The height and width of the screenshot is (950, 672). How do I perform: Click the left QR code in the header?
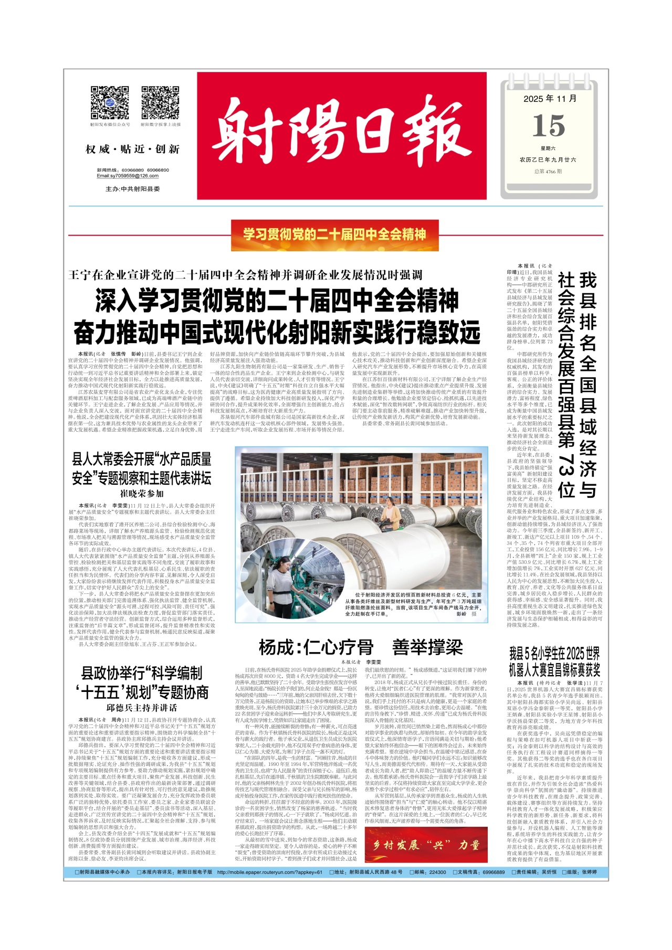pos(110,103)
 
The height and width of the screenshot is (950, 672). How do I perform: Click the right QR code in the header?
pos(160,103)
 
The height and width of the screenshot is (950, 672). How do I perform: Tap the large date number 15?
pos(549,126)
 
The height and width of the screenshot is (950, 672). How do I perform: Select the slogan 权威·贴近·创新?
pos(132,150)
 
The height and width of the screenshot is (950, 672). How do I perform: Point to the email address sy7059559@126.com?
pos(128,176)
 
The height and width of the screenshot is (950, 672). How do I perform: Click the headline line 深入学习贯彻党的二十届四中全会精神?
pos(277,301)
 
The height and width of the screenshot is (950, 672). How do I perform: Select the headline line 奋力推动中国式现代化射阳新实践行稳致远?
pos(277,332)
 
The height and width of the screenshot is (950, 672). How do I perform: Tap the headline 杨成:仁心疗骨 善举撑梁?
pos(360,647)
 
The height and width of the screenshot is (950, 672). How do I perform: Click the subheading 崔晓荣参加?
pos(142,493)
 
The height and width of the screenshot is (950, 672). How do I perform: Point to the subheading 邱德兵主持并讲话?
pos(142,708)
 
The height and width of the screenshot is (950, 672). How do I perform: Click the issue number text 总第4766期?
pos(548,171)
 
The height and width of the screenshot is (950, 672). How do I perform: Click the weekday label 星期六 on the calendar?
pos(548,148)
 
